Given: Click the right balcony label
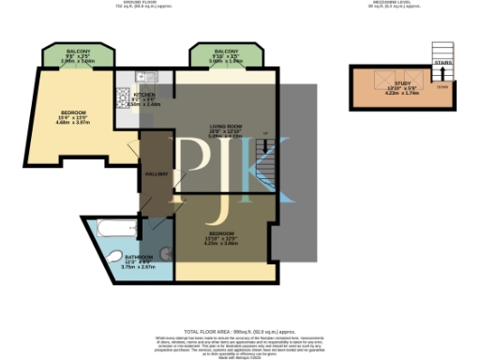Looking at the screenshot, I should click(x=226, y=51).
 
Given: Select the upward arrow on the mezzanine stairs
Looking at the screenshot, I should click(x=442, y=73).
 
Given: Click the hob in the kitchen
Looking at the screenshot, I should click(x=121, y=93).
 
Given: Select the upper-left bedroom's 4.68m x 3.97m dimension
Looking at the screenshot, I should click(x=72, y=122).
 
